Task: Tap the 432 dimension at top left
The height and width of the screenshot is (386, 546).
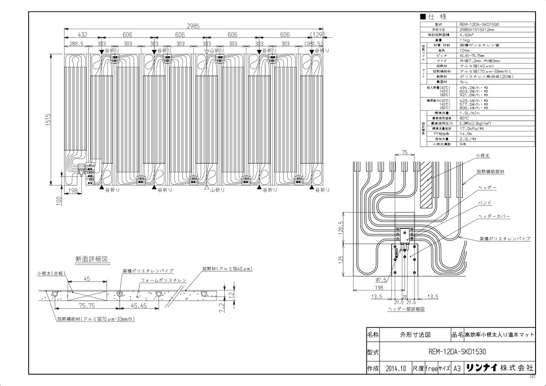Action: point(82,35)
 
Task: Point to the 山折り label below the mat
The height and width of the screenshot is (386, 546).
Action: point(217,190)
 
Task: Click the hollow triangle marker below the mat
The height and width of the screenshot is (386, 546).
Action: point(207,188)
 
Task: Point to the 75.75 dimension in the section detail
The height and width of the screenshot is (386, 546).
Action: point(86,306)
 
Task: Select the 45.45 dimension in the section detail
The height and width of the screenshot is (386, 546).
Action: point(138,306)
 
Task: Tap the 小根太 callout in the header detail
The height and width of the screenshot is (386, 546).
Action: point(483,155)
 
